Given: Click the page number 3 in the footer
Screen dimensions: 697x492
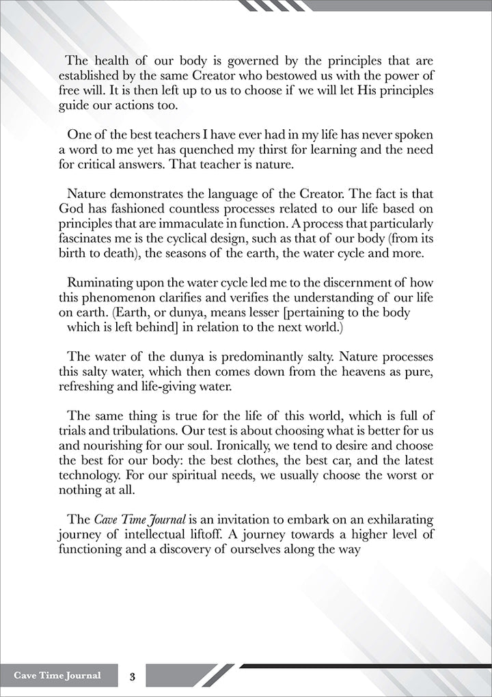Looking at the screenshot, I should pos(132,676).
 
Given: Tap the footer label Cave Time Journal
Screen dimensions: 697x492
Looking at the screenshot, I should pos(57,676).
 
